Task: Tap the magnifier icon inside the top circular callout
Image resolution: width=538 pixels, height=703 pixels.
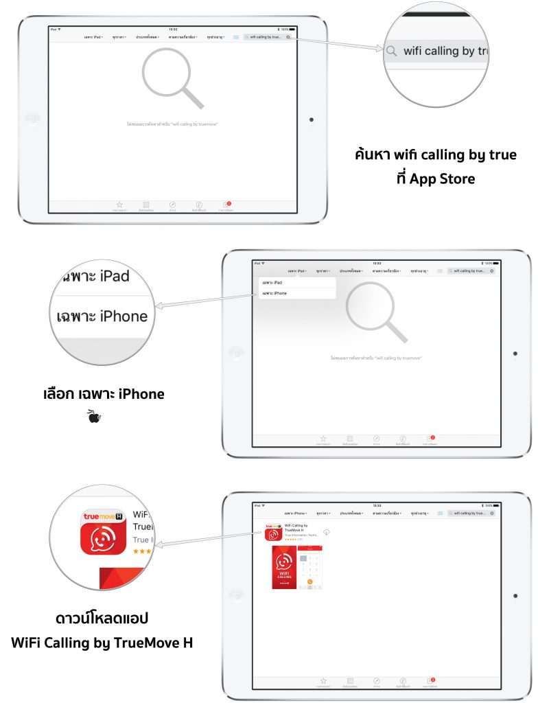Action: [x=391, y=51]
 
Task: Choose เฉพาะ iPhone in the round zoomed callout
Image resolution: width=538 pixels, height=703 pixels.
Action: [x=102, y=316]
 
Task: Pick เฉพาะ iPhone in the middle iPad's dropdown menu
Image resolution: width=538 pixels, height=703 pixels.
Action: [x=275, y=293]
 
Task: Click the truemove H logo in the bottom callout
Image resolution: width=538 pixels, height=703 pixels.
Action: [x=103, y=516]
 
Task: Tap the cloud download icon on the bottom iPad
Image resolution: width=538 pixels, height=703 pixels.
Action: [x=326, y=533]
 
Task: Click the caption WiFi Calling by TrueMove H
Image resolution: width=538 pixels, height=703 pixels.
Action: [x=102, y=643]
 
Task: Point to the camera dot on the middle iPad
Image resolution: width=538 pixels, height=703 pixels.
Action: [x=515, y=354]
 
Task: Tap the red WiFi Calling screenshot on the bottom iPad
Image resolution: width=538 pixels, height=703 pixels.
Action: [x=283, y=568]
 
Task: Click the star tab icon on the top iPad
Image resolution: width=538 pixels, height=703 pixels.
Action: [x=119, y=205]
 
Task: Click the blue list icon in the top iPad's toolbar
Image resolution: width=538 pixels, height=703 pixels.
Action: [x=236, y=37]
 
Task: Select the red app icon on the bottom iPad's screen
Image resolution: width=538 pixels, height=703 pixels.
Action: [x=274, y=533]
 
